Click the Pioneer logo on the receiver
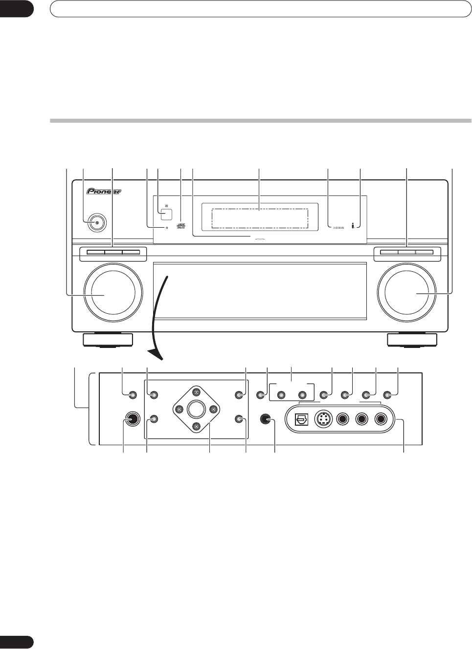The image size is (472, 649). pos(103,192)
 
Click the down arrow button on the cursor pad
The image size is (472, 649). pos(196,426)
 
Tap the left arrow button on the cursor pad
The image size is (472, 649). pos(179,409)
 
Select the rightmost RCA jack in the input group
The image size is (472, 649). pos(381,419)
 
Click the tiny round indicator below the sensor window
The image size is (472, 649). pos(167,228)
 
